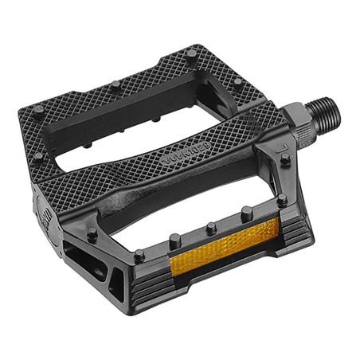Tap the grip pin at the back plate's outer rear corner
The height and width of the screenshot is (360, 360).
(38, 108)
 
